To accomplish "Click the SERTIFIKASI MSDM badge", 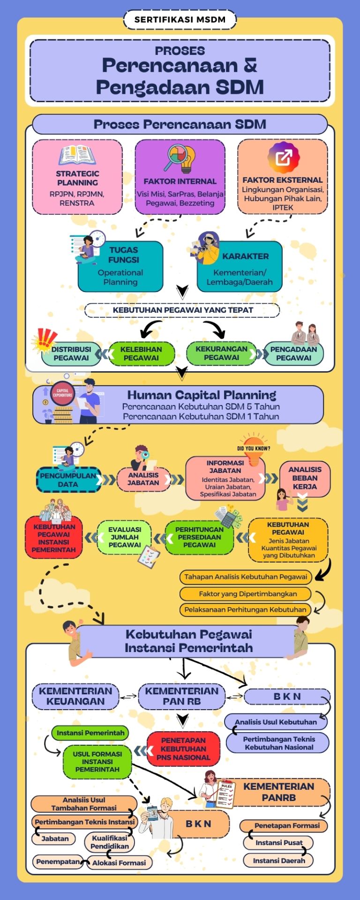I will click(180, 20).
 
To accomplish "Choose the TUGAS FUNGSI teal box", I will click(121, 266).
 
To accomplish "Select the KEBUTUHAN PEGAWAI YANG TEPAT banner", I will click(182, 310).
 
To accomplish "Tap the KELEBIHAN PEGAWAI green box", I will click(141, 353).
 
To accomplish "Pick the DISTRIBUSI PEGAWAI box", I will click(71, 353).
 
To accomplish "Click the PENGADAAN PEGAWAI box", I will click(293, 353).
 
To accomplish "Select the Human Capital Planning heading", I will click(202, 395).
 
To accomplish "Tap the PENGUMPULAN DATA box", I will click(68, 480).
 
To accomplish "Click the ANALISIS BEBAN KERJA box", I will click(305, 478).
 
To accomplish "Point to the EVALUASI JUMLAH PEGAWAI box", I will click(124, 537).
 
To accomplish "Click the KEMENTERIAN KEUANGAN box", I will click(75, 696).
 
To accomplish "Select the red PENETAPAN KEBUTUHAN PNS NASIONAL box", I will click(183, 749).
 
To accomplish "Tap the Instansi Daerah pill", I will click(278, 860).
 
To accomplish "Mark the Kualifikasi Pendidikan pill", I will click(109, 842).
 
